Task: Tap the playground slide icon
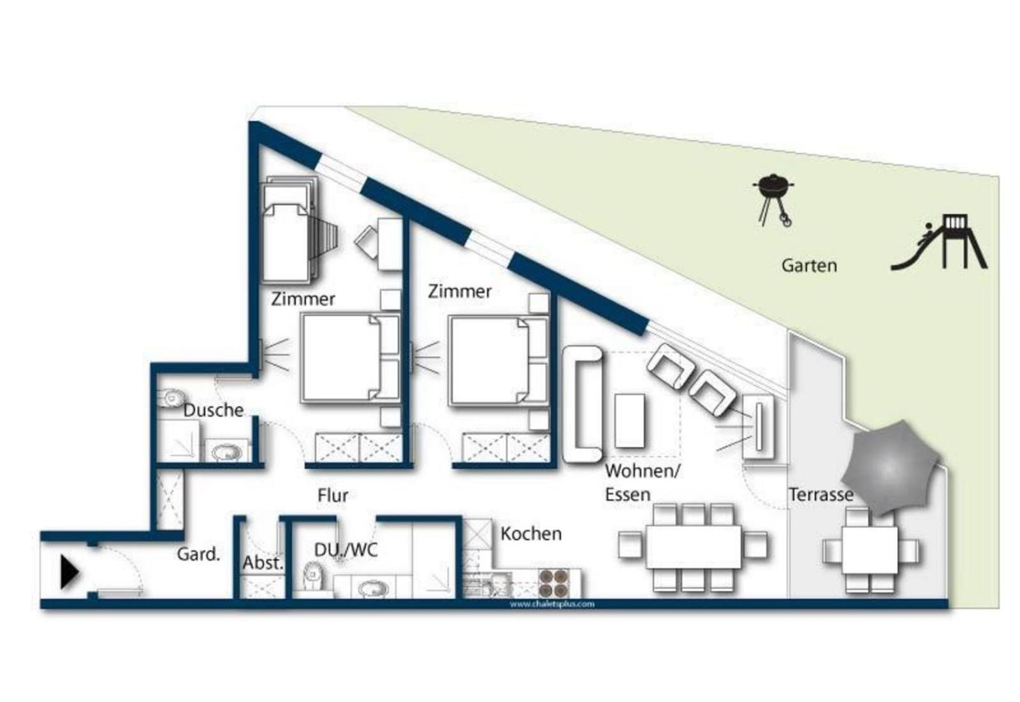939,243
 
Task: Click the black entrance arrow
69,572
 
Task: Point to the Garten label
809,266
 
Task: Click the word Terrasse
821,494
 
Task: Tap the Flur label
333,495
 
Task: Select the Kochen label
531,534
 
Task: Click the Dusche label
213,410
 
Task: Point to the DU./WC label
346,550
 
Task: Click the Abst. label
263,563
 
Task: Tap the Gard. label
198,554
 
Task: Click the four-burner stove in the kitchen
554,584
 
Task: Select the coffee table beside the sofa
630,421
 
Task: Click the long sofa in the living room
583,404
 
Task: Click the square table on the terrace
870,550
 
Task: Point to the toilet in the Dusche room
170,399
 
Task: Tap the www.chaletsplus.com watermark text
552,604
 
